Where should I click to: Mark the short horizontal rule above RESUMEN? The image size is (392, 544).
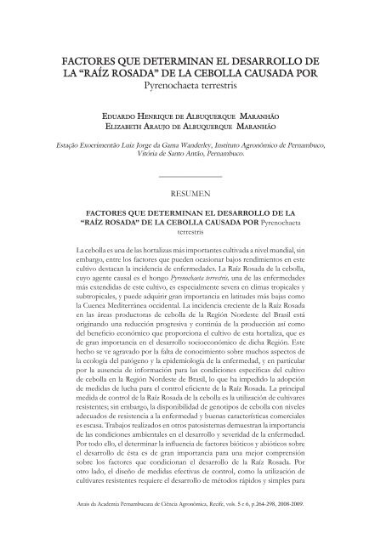click(x=196, y=176)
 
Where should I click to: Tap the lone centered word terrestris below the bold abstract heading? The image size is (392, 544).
click(x=196, y=229)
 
